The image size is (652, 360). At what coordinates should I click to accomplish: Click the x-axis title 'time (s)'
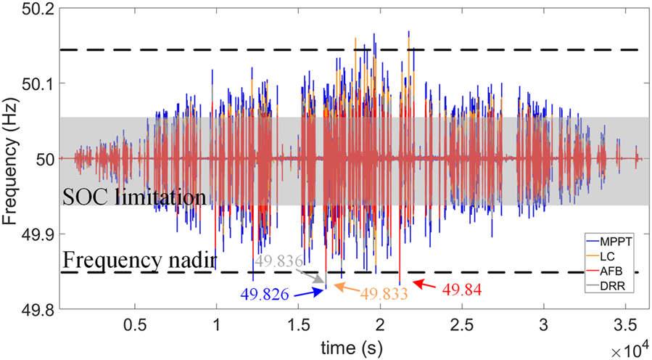pyautogui.click(x=350, y=345)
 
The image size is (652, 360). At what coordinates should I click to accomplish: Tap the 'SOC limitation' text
pyautogui.click(x=134, y=197)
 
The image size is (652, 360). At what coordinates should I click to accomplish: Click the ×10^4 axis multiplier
pyautogui.click(x=628, y=349)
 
